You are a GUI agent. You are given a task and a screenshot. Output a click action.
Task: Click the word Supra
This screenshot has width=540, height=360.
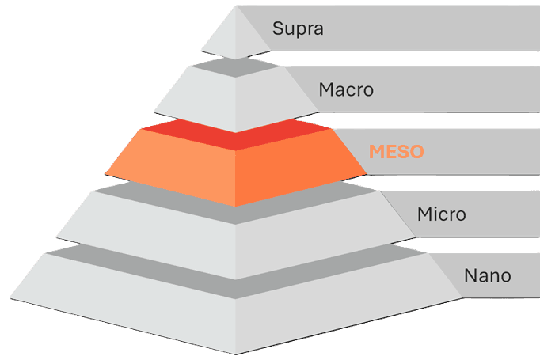298,29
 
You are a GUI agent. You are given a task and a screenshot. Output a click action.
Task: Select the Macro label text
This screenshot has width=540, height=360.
346,89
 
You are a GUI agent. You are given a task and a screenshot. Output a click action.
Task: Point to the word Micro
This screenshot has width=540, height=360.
441,214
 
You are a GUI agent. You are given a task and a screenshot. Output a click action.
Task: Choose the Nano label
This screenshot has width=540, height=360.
488,276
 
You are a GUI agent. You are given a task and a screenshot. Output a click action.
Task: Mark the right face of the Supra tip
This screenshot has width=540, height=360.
249,40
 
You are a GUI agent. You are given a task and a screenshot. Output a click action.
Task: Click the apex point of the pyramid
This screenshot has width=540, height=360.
235,6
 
